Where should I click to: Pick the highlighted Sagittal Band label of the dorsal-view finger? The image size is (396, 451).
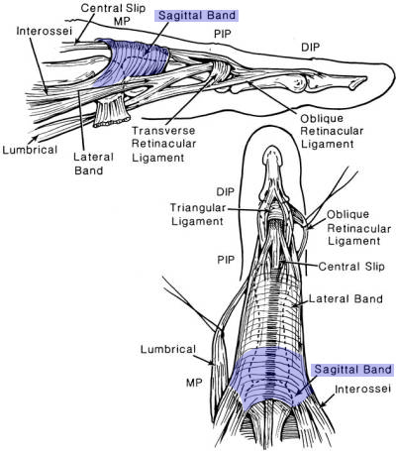(x=351, y=368)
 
